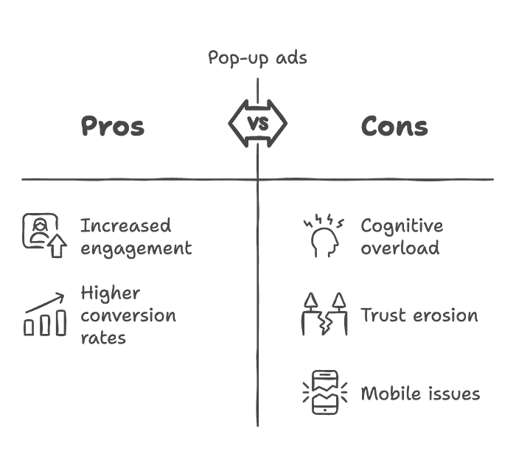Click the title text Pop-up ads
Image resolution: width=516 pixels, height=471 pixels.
(257, 58)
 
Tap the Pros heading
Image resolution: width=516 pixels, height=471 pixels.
(112, 126)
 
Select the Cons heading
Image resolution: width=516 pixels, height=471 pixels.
(394, 126)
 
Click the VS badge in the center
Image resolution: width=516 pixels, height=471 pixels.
(257, 123)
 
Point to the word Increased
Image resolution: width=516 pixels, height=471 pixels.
(125, 225)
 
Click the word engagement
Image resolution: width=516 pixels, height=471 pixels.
(136, 248)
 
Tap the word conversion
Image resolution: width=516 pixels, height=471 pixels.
(128, 316)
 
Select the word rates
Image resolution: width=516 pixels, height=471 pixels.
(103, 338)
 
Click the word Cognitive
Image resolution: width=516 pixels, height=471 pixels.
(401, 226)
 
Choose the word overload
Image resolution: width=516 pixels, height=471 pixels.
(400, 247)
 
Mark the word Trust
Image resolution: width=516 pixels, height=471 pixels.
(383, 315)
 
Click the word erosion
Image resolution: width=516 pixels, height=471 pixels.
(445, 315)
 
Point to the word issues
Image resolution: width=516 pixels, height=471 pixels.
(453, 394)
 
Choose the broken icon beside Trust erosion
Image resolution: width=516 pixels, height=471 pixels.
(324, 315)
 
